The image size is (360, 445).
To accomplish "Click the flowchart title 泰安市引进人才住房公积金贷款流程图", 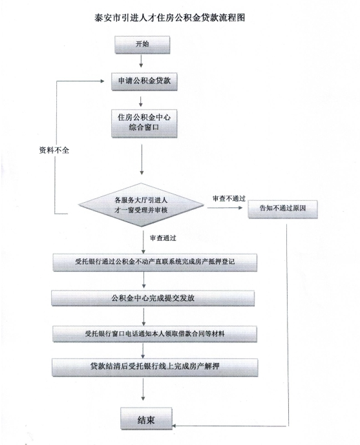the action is click(169, 18).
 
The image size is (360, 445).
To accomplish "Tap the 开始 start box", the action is click(142, 45).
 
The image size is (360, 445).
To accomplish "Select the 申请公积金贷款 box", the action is click(144, 82).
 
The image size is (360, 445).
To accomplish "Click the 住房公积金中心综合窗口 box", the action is click(144, 123).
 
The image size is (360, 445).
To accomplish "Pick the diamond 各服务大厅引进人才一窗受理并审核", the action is click(141, 205).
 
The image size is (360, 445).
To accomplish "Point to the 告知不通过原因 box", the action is click(283, 209).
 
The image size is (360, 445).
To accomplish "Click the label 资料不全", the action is click(54, 150).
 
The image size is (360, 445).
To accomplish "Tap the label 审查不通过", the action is click(229, 199).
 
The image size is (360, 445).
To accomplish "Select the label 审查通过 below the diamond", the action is click(163, 238).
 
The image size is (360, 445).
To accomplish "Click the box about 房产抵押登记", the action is click(155, 262).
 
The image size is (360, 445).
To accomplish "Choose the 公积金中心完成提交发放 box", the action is click(153, 298).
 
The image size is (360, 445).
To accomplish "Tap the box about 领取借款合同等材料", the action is click(154, 334).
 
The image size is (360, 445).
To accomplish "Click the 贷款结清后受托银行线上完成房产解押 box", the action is click(154, 367).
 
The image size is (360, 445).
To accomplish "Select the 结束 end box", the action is click(146, 419).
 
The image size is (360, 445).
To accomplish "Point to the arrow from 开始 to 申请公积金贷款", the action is click(141, 61).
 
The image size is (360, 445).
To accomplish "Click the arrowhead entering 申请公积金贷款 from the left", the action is click(103, 81).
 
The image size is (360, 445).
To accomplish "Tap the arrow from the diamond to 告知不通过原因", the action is click(224, 208).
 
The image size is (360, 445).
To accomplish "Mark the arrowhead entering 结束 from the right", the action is click(175, 426).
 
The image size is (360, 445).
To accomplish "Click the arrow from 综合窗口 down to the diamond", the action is click(142, 160).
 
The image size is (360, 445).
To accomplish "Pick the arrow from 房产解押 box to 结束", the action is click(143, 389).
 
